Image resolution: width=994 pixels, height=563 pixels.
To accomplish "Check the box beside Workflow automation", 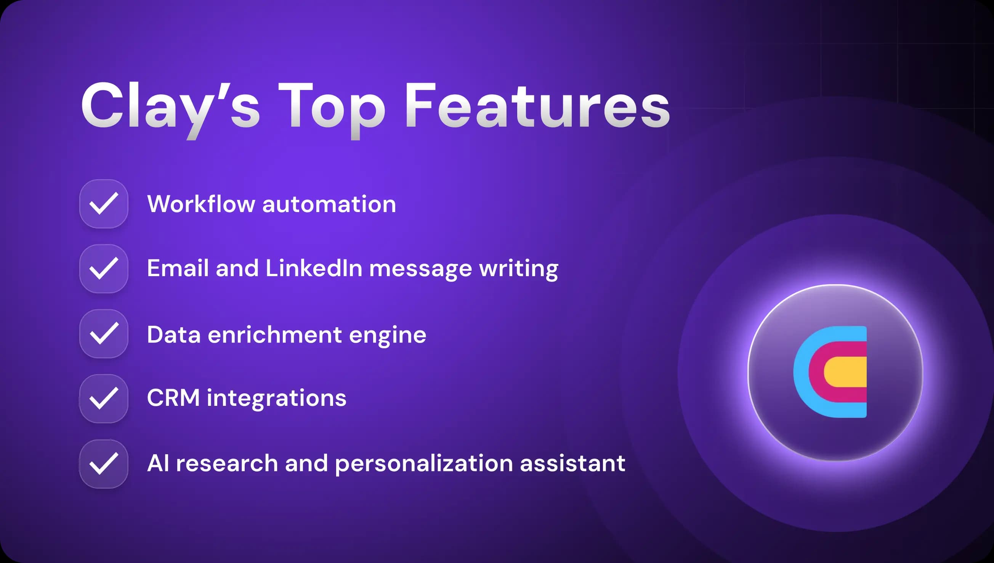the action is pos(104,204).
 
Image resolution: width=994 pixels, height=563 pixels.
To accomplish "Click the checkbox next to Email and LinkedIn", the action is pos(104,269).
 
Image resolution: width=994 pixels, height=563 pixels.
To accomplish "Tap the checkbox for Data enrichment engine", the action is pos(104,334).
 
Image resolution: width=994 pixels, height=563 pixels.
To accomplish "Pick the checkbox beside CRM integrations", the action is pos(104,399).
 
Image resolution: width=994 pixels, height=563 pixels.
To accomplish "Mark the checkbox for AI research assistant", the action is pos(104,464).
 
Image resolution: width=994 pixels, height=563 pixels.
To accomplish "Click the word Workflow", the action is pos(201,204).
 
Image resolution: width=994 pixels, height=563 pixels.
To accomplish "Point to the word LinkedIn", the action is pos(314,268).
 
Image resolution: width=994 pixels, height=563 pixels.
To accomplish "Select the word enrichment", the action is pos(275,335).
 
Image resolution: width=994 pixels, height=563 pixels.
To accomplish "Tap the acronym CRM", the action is pos(173,398).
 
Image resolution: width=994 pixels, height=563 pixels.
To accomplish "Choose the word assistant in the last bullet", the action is pos(572,463).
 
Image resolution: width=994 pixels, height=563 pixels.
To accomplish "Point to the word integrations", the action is pos(277,399).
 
